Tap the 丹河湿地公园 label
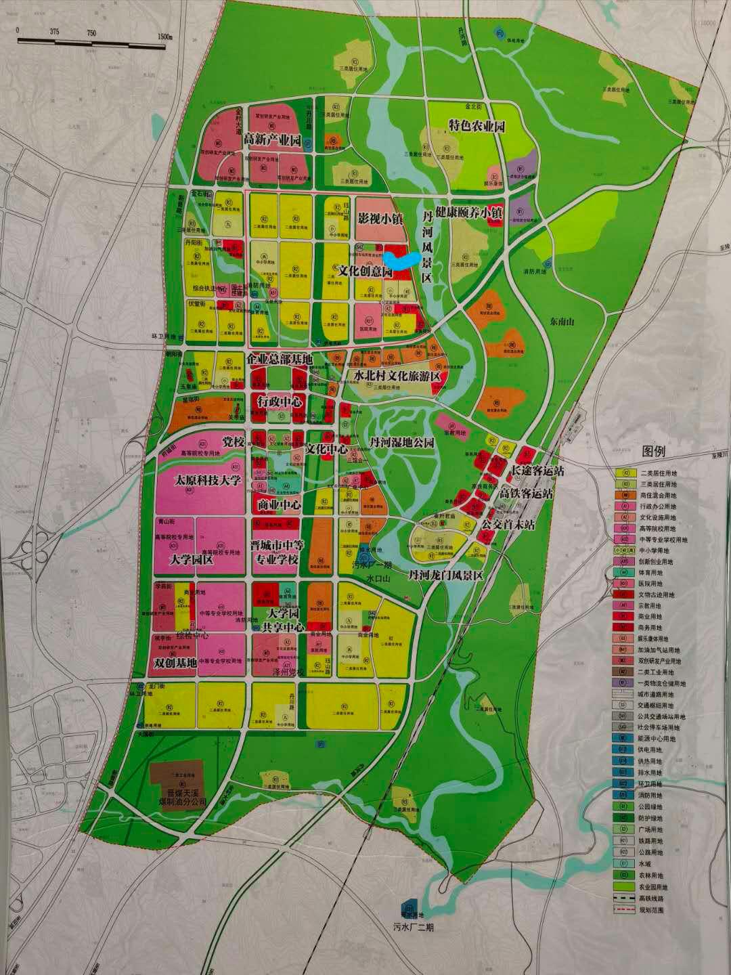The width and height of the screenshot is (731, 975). (401, 442)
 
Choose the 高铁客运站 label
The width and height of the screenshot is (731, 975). (526, 494)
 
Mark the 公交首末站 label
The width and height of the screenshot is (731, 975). (508, 523)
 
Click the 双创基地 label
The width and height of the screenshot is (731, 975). (175, 663)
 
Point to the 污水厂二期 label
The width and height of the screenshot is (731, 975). (412, 927)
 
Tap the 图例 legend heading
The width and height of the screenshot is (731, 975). (655, 452)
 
